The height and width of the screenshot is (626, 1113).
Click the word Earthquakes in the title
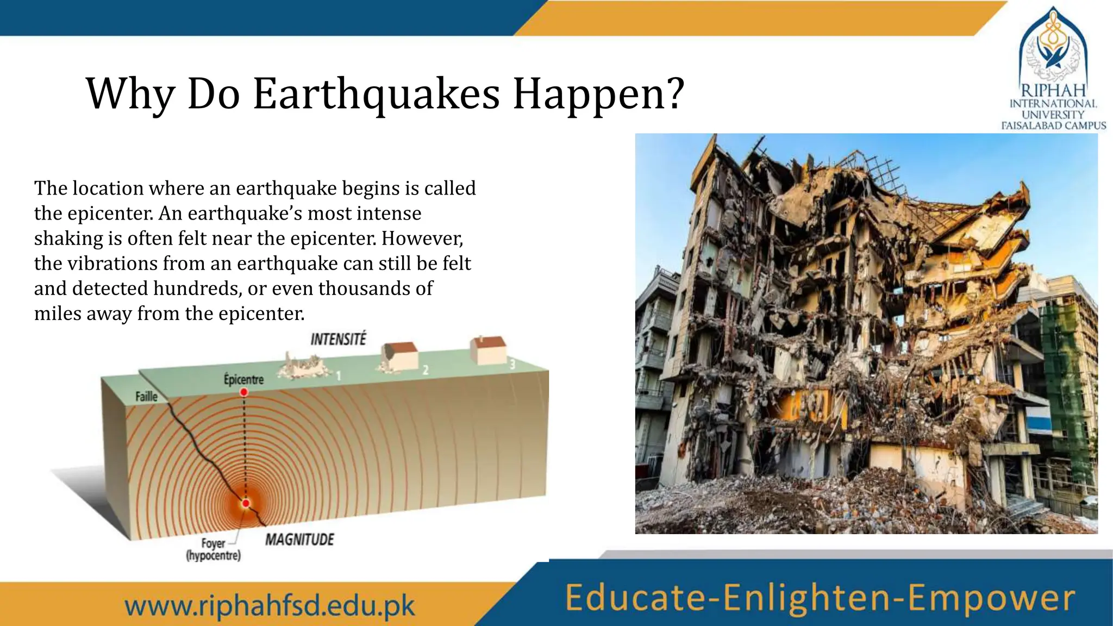coord(376,94)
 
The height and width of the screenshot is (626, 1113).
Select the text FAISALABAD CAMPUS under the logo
coord(1053,126)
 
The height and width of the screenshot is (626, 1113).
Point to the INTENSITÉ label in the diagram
coord(338,340)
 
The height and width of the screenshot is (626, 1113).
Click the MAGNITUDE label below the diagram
coord(299,540)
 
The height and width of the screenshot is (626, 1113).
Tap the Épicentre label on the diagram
coord(243,379)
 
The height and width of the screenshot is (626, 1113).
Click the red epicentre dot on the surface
coord(244,392)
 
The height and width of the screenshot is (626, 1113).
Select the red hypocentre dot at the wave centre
coord(246,504)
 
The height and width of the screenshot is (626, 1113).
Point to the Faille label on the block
coord(146,397)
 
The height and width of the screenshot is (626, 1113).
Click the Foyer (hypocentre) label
coord(213,549)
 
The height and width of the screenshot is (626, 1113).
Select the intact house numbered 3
coord(488,349)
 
